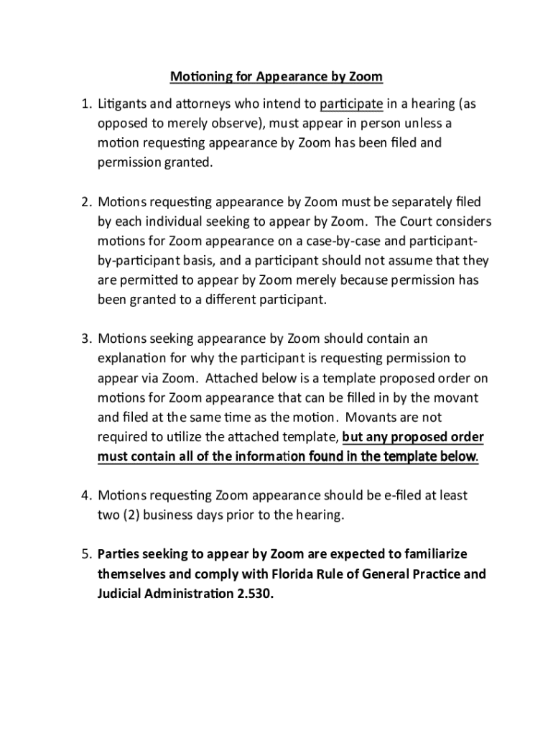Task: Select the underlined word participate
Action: pyautogui.click(x=351, y=104)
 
